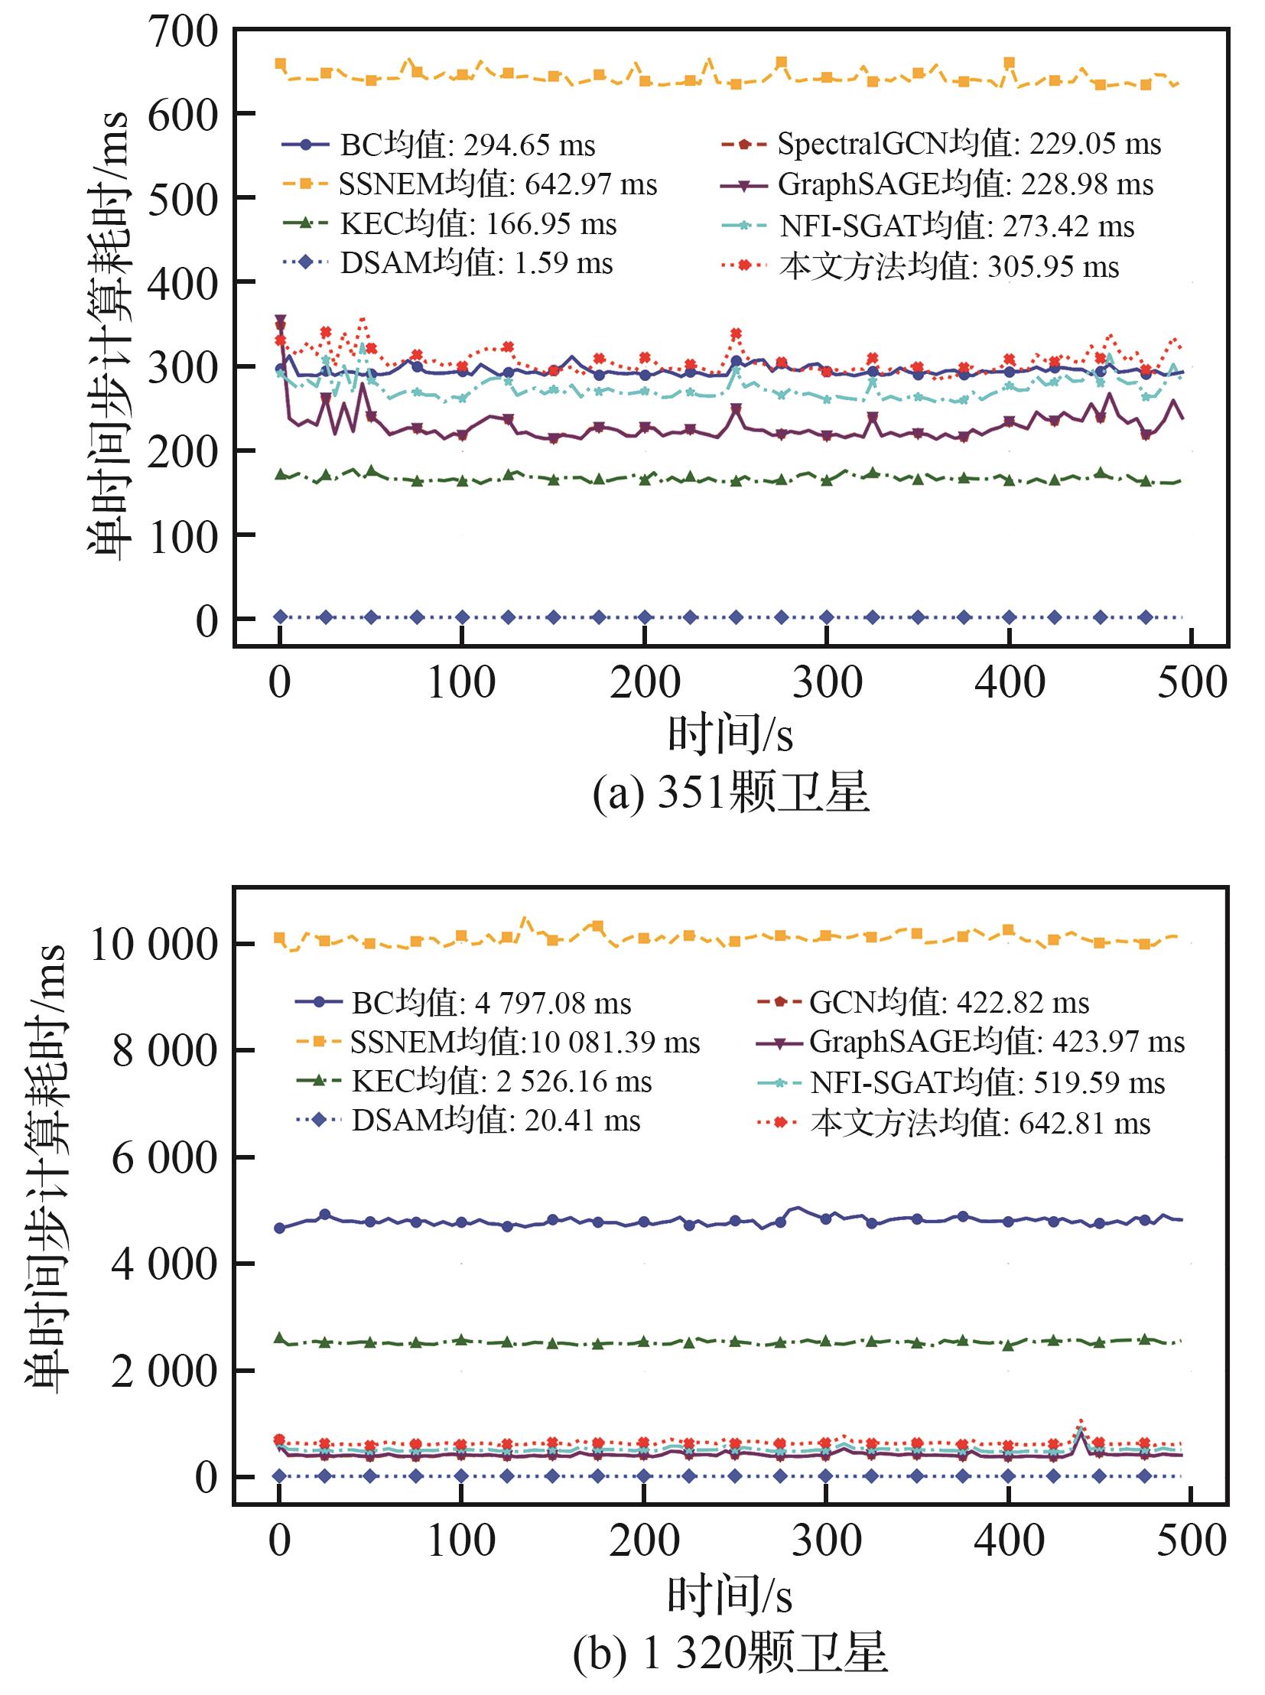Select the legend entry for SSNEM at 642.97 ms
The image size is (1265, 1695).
click(470, 184)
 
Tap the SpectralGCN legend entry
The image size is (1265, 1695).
click(941, 143)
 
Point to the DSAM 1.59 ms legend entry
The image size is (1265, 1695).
click(447, 262)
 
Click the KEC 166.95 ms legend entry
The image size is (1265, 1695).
click(450, 223)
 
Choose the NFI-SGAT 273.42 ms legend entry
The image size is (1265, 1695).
click(927, 225)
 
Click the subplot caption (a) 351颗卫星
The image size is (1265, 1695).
click(731, 791)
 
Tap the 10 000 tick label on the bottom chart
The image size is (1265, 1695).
click(154, 944)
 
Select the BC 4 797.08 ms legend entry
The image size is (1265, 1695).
click(463, 1003)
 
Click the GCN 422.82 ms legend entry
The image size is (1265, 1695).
click(922, 1002)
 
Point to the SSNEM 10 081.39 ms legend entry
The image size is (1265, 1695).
click(498, 1042)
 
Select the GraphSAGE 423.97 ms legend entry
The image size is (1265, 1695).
click(971, 1042)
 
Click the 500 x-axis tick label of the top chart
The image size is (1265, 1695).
click(1192, 682)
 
